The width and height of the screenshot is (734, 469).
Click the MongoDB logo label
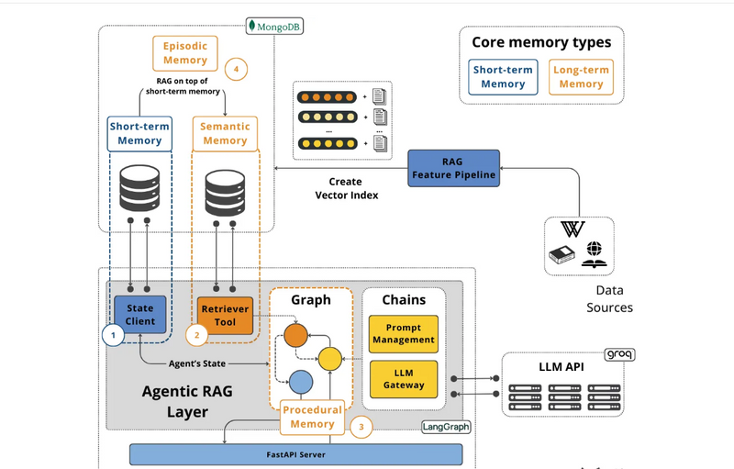coord(275,27)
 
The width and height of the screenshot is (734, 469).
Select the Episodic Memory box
coord(185,52)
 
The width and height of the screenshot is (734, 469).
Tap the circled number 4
coord(237,68)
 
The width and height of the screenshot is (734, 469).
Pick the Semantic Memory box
coord(225,133)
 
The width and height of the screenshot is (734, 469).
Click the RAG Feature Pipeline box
coord(454,168)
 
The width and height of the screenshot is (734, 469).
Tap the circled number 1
coord(113,336)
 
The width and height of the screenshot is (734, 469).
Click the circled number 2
coord(196,336)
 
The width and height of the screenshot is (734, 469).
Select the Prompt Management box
coord(404,333)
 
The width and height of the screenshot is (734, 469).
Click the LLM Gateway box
coord(404,378)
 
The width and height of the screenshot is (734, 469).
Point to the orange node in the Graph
coord(295,335)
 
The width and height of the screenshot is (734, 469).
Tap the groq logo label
coord(620,354)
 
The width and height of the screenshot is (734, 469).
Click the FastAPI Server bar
coord(295,454)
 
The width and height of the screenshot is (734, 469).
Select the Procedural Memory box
coord(312,418)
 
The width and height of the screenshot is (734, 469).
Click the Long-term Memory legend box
coord(581,77)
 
